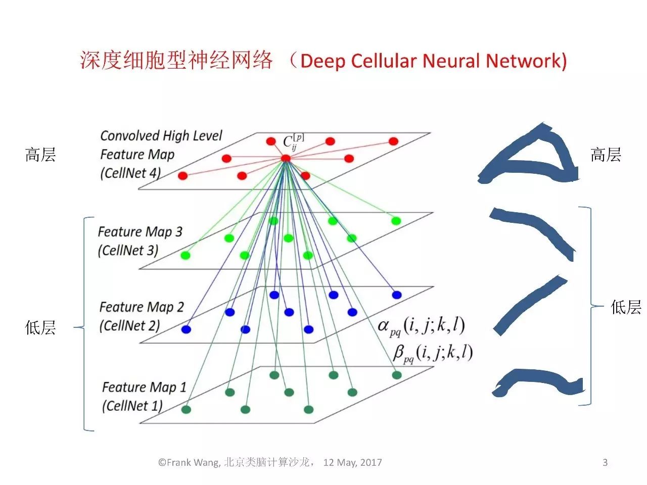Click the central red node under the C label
click(286, 159)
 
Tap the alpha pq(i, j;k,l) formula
click(421, 326)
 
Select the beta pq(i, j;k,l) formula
click(433, 353)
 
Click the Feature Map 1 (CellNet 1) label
click(144, 396)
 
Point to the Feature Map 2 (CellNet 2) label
click(141, 316)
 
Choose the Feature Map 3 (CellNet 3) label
click(140, 241)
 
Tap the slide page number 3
click(605, 462)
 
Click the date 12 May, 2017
click(352, 462)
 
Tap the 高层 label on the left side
click(40, 154)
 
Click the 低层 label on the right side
click(626, 307)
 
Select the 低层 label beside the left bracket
click(40, 328)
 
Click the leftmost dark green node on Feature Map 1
click(186, 409)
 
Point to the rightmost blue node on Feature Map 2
click(397, 295)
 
